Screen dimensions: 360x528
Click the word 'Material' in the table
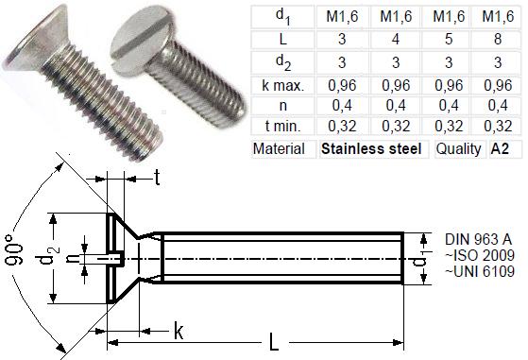click(x=281, y=149)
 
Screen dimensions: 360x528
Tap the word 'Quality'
click(x=460, y=149)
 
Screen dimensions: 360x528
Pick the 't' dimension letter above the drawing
click(x=157, y=177)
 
